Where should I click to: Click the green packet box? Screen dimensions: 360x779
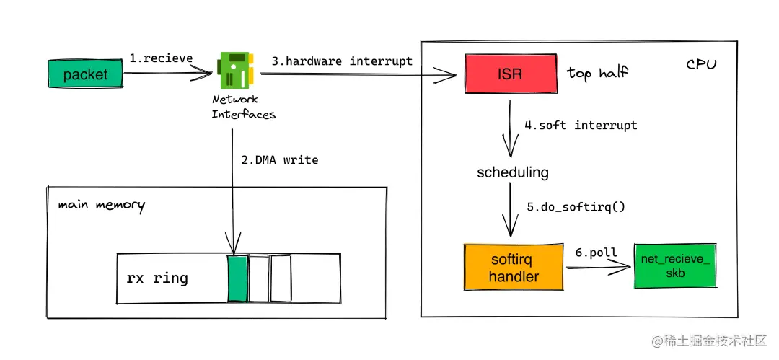[x=86, y=74]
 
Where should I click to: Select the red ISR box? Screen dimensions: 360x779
[x=510, y=74]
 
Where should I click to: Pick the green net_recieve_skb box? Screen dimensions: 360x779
[x=676, y=265]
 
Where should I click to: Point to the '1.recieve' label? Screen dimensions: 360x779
[x=162, y=58]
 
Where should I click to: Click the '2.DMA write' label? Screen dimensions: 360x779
[x=280, y=159]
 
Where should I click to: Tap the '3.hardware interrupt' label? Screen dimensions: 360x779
[x=342, y=61]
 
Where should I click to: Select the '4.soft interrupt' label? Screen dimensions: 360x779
[x=581, y=126]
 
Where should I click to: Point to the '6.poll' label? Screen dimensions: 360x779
[x=595, y=253]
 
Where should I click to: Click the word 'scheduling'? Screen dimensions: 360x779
[x=513, y=172]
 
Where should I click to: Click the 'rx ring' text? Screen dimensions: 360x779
[x=157, y=278]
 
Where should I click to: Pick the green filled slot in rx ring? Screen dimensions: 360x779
[x=237, y=278]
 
